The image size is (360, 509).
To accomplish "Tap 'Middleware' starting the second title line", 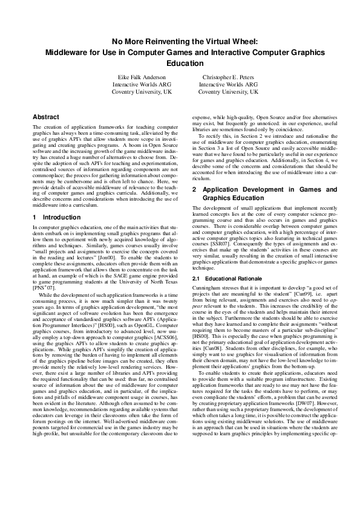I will coord(65,52).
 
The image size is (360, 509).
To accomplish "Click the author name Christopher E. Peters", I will coord(228,77).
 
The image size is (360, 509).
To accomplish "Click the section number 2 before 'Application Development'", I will coord(194,189).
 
